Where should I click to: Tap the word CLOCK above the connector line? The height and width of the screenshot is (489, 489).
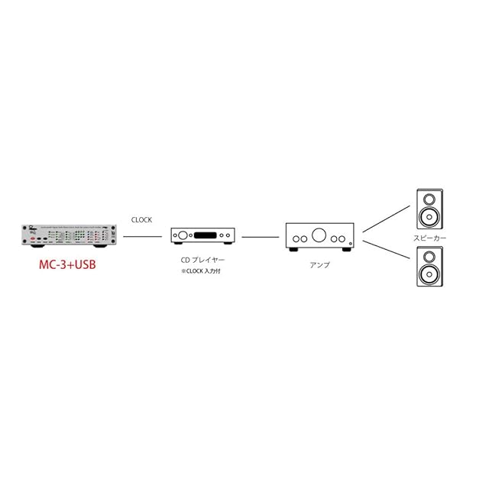click(x=142, y=220)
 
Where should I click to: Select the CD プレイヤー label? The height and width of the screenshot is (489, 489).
click(x=196, y=261)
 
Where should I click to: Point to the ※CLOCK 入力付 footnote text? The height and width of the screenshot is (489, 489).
click(x=204, y=271)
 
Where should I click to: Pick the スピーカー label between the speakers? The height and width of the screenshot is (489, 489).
click(x=430, y=238)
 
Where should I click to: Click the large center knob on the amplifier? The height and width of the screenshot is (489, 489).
click(x=320, y=235)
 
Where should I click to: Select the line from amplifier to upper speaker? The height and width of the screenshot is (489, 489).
click(x=384, y=218)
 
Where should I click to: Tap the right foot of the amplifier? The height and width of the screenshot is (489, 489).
click(x=348, y=248)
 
